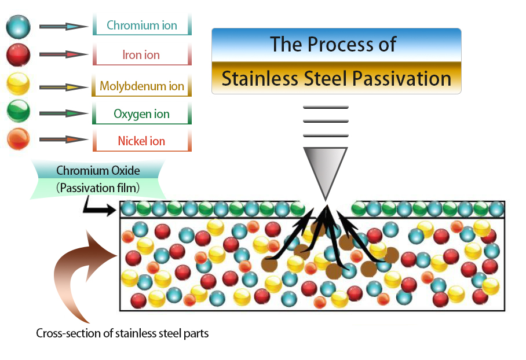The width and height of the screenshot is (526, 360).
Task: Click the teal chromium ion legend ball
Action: click(x=18, y=27)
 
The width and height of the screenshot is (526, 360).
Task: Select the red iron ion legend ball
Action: click(x=18, y=55)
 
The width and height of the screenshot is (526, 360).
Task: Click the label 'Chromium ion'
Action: click(x=142, y=26)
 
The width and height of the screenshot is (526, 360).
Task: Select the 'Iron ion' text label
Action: click(x=141, y=56)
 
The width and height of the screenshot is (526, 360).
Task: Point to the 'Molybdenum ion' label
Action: click(x=142, y=86)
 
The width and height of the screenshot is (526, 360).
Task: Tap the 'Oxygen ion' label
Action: click(x=142, y=114)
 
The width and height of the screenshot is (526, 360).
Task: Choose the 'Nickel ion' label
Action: click(x=141, y=141)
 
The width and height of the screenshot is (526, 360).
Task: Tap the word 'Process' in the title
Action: click(x=342, y=45)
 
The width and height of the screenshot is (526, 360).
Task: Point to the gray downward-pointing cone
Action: click(x=326, y=170)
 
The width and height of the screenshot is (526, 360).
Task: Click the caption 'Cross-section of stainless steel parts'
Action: click(x=122, y=333)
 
